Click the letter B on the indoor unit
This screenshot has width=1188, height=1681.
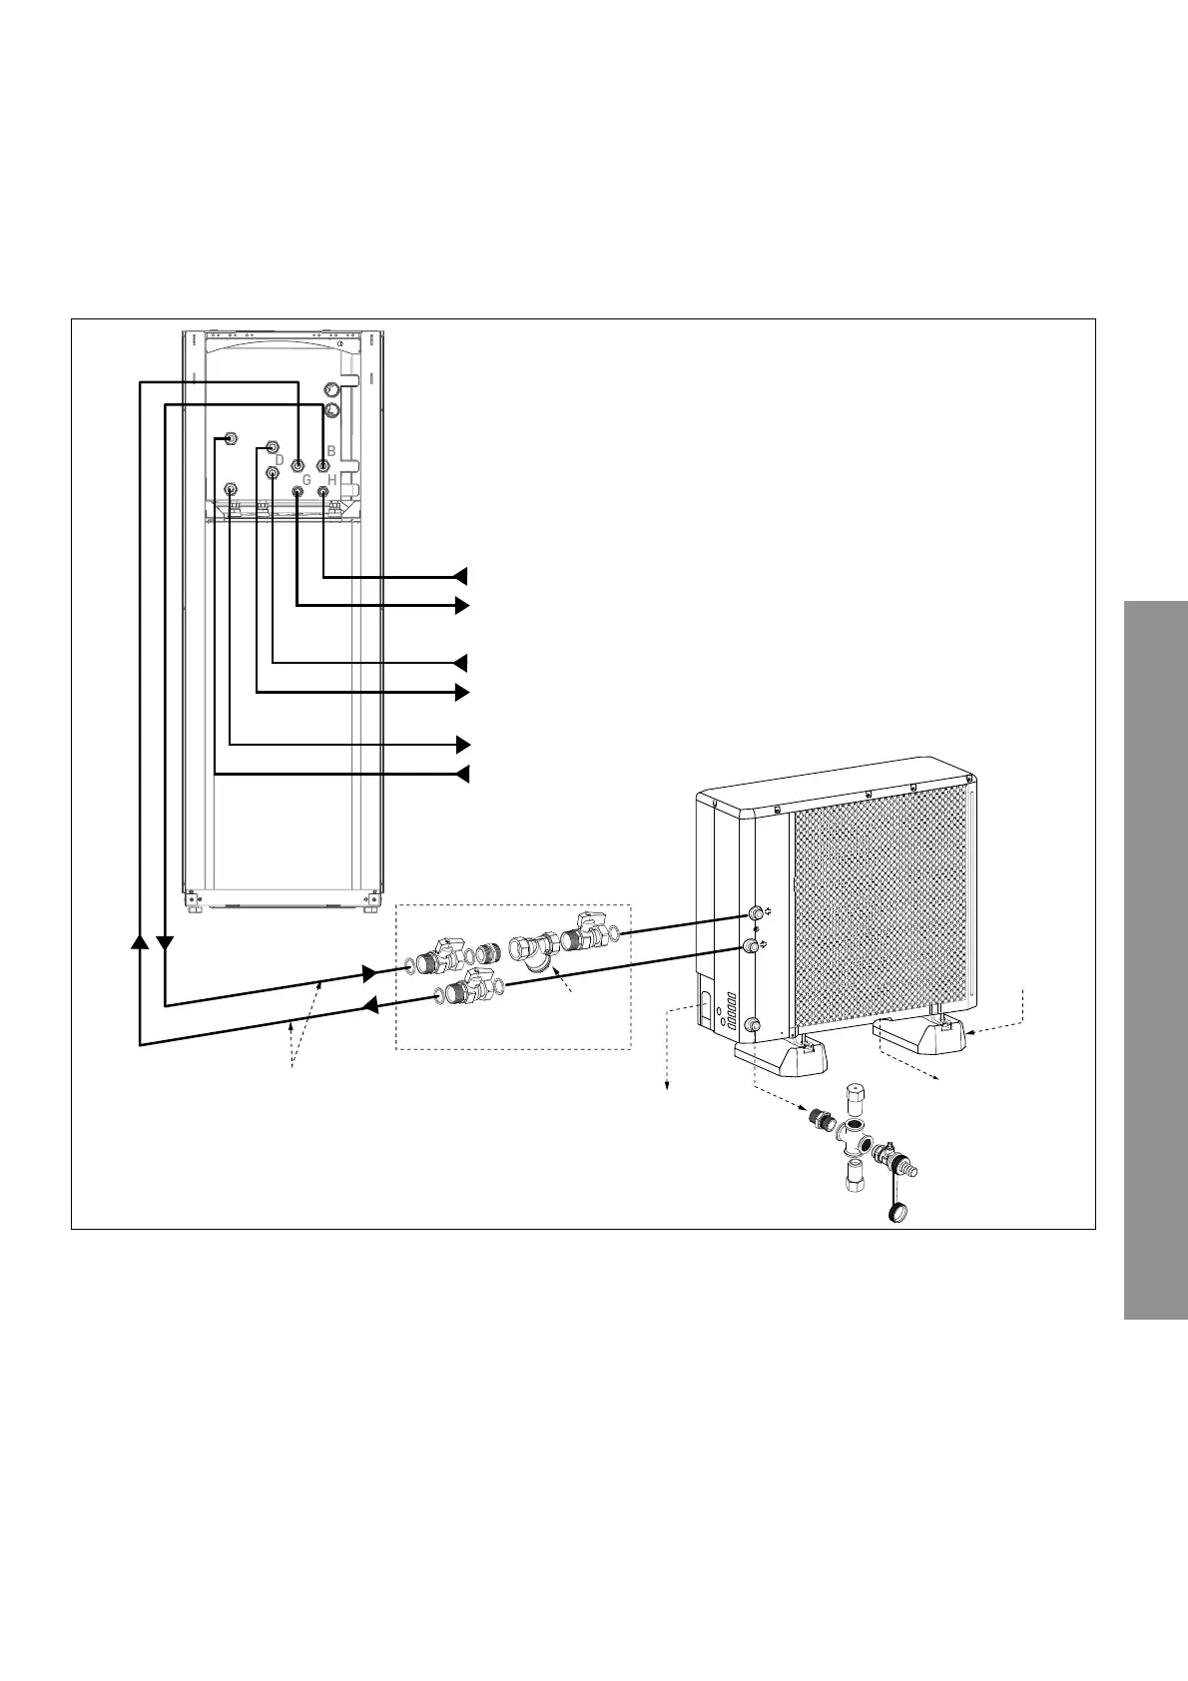[x=330, y=450]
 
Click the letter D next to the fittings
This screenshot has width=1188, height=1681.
[x=280, y=459]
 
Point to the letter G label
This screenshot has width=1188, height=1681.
[x=306, y=480]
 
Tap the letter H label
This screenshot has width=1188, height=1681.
[x=332, y=479]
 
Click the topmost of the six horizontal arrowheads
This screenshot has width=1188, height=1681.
[x=460, y=575]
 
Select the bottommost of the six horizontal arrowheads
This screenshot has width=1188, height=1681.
[x=460, y=774]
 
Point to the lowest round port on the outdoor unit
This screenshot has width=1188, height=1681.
[x=754, y=1024]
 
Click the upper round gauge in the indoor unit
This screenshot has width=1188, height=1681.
[x=331, y=389]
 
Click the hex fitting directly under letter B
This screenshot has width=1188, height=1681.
[x=322, y=466]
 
